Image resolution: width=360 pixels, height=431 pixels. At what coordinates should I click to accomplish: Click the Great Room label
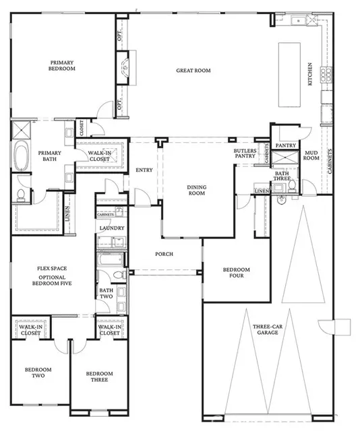click(x=193, y=70)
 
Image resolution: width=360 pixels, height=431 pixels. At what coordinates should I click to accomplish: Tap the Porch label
click(x=164, y=254)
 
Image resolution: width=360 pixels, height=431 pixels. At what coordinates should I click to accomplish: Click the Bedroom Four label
click(x=237, y=273)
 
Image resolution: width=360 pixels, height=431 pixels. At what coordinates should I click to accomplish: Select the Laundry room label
click(x=111, y=228)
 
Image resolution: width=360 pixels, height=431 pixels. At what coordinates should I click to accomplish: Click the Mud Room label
click(x=310, y=156)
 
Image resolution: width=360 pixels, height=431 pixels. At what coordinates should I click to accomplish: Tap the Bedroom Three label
click(x=98, y=377)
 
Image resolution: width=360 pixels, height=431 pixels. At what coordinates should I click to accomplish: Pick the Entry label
click(x=144, y=170)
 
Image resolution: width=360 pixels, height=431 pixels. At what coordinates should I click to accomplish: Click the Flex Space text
click(x=51, y=268)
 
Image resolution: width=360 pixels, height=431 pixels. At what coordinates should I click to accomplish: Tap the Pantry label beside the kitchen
click(x=287, y=145)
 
